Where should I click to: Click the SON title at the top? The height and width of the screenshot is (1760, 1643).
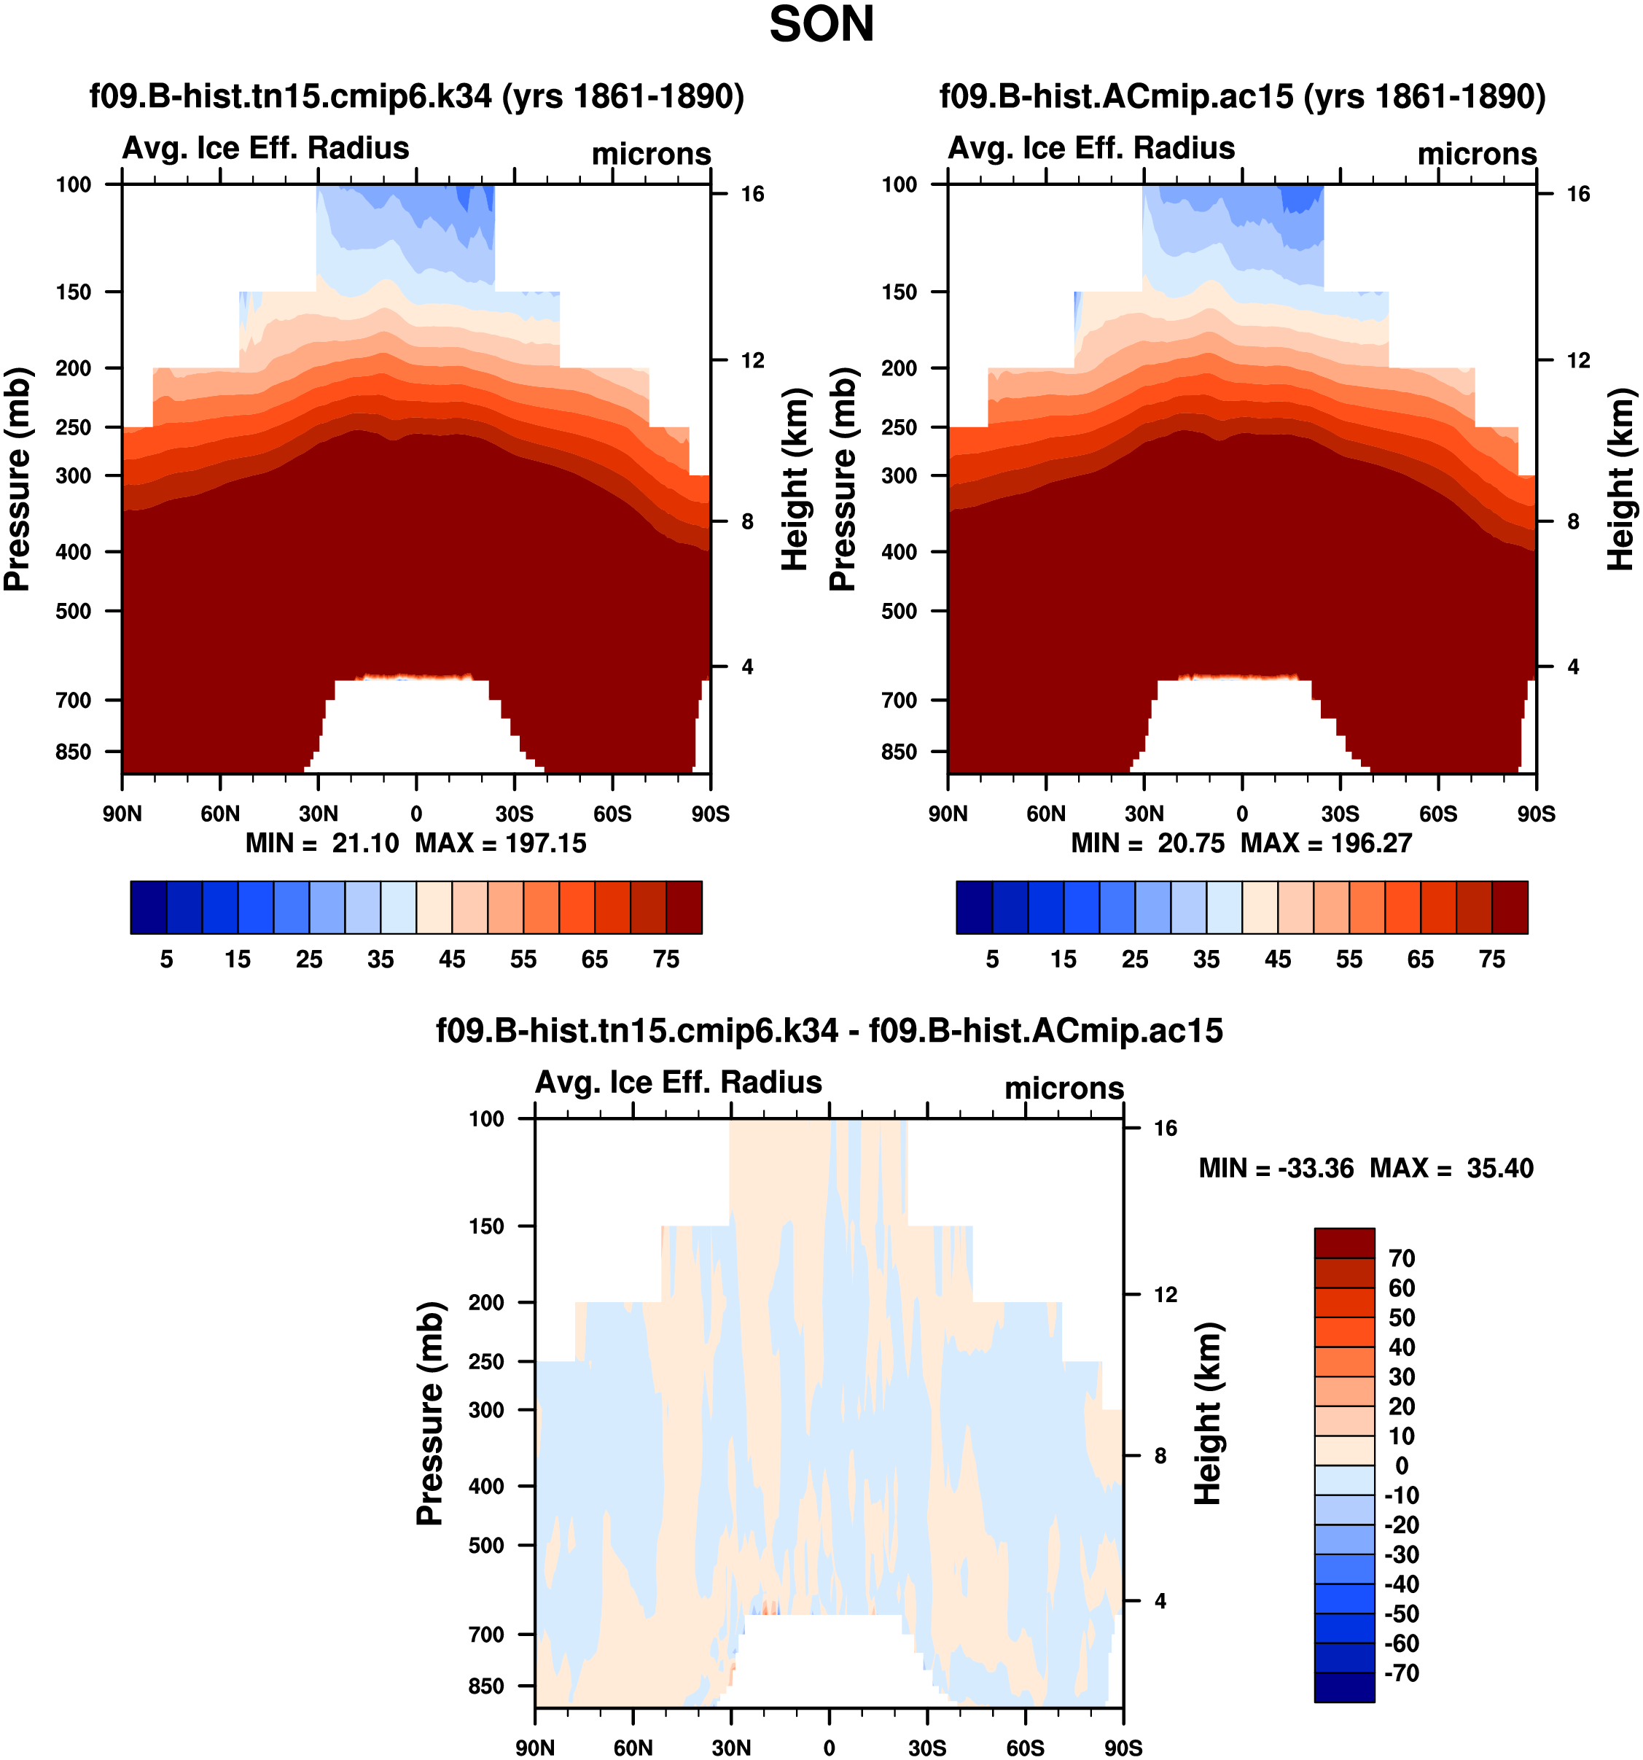pos(821,25)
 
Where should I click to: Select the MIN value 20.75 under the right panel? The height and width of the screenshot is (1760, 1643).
pos(1190,843)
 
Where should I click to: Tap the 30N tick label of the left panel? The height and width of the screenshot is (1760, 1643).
pos(318,814)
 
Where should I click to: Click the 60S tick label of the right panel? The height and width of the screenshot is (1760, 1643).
pos(1437,814)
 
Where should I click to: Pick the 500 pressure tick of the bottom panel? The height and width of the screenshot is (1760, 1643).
pos(486,1545)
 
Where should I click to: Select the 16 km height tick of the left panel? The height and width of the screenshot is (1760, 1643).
pos(752,194)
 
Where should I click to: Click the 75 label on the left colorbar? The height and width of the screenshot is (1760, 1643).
pos(666,959)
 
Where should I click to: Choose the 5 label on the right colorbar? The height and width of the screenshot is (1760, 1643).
pos(992,959)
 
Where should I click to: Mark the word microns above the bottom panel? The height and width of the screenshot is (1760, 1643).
pos(1064,1088)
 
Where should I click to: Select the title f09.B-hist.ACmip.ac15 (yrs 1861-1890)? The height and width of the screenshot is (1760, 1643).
pos(1242,96)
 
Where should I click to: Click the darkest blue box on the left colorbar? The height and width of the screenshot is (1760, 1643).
pos(149,908)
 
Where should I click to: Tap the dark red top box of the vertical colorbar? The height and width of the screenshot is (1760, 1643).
pos(1344,1243)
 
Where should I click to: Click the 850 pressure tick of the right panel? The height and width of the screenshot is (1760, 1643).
pos(899,752)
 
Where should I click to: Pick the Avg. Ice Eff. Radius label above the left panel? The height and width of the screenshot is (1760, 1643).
pos(265,148)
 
